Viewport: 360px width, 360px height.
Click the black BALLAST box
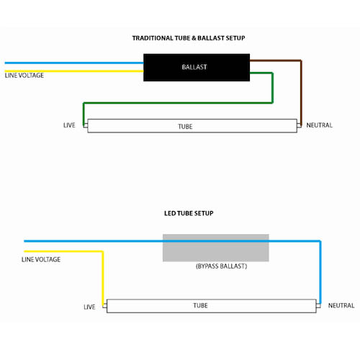(197, 68)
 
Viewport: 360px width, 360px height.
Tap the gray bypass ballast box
(216, 248)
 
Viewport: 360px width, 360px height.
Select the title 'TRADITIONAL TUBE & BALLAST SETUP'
(189, 38)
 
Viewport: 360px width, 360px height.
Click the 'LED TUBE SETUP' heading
(189, 213)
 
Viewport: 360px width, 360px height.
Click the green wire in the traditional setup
(178, 103)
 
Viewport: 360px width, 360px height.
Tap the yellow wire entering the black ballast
(74, 71)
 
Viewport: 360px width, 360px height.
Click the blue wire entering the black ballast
(74, 63)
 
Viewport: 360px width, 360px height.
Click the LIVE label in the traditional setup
(69, 125)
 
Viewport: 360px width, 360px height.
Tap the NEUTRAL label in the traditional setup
(319, 125)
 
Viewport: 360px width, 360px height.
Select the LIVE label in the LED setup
(89, 307)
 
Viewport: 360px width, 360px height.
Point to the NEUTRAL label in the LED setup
(341, 305)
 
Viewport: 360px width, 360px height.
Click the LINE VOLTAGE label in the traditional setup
(24, 76)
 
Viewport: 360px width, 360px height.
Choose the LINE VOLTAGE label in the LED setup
(41, 259)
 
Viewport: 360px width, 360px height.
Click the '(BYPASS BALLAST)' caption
(221, 266)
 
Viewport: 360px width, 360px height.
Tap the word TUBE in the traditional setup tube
(185, 127)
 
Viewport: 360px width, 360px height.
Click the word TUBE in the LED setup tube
(200, 305)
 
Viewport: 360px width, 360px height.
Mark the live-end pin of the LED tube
(104, 306)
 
